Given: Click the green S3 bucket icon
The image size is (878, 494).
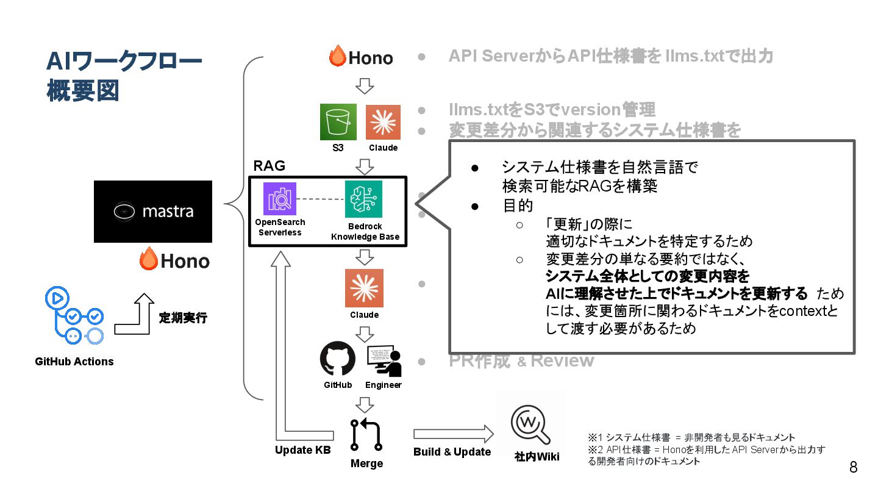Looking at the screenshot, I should click(338, 122).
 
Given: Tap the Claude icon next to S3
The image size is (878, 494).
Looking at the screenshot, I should click(383, 122).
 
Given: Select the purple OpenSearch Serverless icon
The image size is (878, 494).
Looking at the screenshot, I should click(280, 199).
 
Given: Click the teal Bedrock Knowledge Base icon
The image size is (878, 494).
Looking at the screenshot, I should click(363, 199).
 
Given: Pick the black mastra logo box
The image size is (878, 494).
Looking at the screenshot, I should click(153, 212).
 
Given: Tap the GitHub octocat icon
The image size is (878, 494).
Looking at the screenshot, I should click(338, 359).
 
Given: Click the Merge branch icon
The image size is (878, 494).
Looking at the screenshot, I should click(366, 434).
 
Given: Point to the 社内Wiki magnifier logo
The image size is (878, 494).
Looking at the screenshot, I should click(530, 423).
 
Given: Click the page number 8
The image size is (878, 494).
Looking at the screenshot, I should click(853, 468).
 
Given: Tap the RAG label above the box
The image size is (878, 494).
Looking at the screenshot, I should click(269, 165).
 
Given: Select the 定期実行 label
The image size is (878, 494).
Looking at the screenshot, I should click(183, 318).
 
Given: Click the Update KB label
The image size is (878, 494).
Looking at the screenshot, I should click(302, 450).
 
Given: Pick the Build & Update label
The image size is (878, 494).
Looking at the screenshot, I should click(452, 452).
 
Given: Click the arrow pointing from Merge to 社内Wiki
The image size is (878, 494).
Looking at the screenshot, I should click(452, 434).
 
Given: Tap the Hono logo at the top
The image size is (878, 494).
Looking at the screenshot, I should click(362, 57).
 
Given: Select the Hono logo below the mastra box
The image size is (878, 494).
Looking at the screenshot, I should click(175, 260).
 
